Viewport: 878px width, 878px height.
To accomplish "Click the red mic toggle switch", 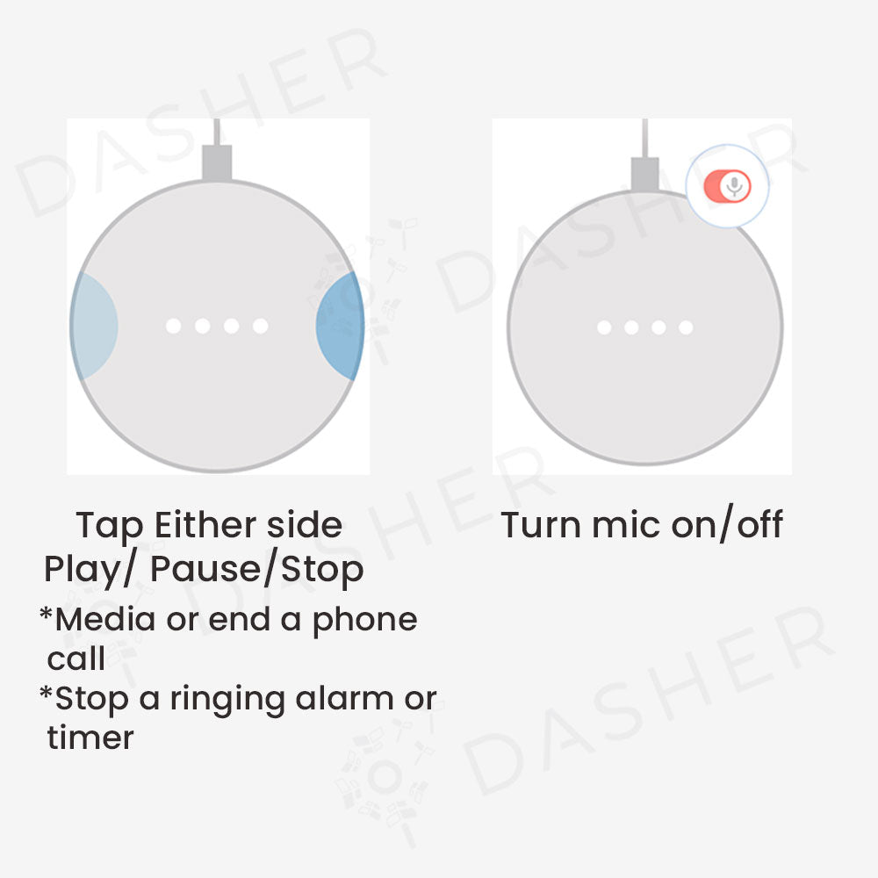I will [727, 186].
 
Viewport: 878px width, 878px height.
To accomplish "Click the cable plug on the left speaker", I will [217, 164].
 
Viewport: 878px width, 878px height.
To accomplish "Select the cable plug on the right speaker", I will [644, 174].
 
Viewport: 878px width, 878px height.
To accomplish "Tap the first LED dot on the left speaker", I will [174, 327].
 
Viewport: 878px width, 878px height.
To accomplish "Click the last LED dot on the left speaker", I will [260, 327].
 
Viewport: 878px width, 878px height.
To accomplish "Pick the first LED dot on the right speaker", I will [604, 327].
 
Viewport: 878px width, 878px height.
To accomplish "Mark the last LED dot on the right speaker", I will [686, 327].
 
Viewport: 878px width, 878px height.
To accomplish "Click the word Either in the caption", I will [197, 525].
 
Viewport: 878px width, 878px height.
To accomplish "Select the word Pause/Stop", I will [256, 570].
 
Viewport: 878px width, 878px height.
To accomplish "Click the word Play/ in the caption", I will [90, 570].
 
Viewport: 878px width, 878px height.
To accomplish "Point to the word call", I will [76, 658].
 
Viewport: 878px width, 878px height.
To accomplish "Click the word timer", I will [90, 738].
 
